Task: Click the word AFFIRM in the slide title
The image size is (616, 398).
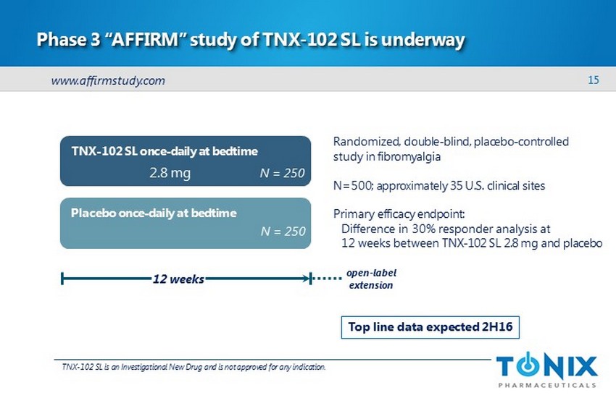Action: (x=146, y=40)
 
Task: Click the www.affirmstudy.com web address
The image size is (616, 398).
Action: (x=108, y=80)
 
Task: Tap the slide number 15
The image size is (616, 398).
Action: (x=594, y=80)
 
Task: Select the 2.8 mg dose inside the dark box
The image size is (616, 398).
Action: (x=170, y=173)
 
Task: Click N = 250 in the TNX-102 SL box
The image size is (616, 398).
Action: (x=282, y=173)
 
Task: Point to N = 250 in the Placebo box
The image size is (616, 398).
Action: (x=283, y=232)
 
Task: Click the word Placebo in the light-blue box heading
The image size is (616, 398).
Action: (x=93, y=213)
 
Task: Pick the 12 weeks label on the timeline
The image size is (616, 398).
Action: (x=178, y=279)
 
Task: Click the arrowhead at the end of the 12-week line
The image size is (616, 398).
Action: (x=306, y=279)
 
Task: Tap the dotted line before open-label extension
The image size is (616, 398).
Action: (x=328, y=279)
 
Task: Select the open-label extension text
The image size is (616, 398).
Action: (x=371, y=279)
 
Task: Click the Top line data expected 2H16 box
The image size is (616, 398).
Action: (x=430, y=327)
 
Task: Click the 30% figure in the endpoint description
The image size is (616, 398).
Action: (x=423, y=229)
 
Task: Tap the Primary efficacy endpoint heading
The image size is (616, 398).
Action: (x=399, y=214)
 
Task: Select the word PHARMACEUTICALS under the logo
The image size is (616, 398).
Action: (x=547, y=385)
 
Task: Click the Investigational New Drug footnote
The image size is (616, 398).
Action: (x=193, y=367)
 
